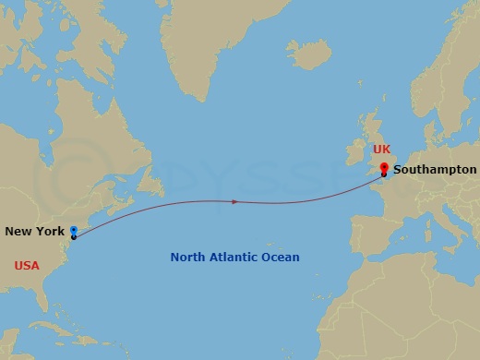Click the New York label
(35, 231)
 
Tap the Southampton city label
(435, 170)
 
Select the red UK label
(382, 149)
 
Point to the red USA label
(27, 266)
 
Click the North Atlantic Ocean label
(234, 258)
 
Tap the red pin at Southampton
(384, 168)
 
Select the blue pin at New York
(73, 230)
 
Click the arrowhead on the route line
(235, 200)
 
